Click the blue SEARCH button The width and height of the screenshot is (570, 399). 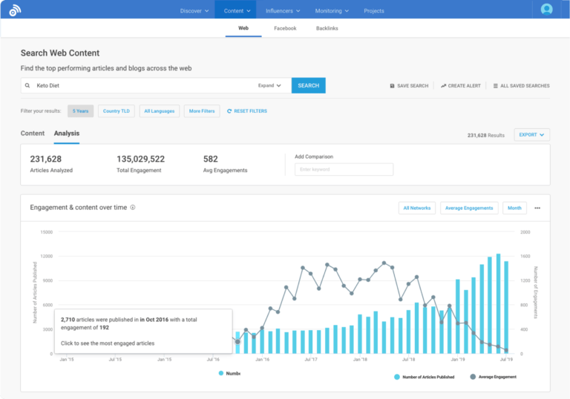[x=308, y=85]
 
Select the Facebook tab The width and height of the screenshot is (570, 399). [x=285, y=28]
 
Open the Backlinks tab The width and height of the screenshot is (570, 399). [x=327, y=28]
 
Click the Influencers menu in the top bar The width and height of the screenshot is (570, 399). [x=284, y=10]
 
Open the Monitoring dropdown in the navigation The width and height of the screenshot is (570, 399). [x=332, y=10]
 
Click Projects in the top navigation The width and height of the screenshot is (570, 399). [x=374, y=10]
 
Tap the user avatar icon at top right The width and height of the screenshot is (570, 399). [x=546, y=10]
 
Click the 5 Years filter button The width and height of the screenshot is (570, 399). [x=81, y=111]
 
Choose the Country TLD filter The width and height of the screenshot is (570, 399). [x=117, y=111]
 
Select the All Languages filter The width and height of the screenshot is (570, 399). [x=160, y=111]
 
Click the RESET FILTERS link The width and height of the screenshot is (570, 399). [x=247, y=111]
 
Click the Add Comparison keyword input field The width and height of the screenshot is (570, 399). [x=344, y=169]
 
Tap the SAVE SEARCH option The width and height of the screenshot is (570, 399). [x=410, y=86]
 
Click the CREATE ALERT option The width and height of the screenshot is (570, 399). [x=461, y=86]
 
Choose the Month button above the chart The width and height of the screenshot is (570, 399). [x=514, y=208]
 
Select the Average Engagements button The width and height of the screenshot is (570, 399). [x=469, y=208]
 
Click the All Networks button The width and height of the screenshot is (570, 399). [x=416, y=208]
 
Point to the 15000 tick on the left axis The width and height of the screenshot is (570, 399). [x=46, y=232]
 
